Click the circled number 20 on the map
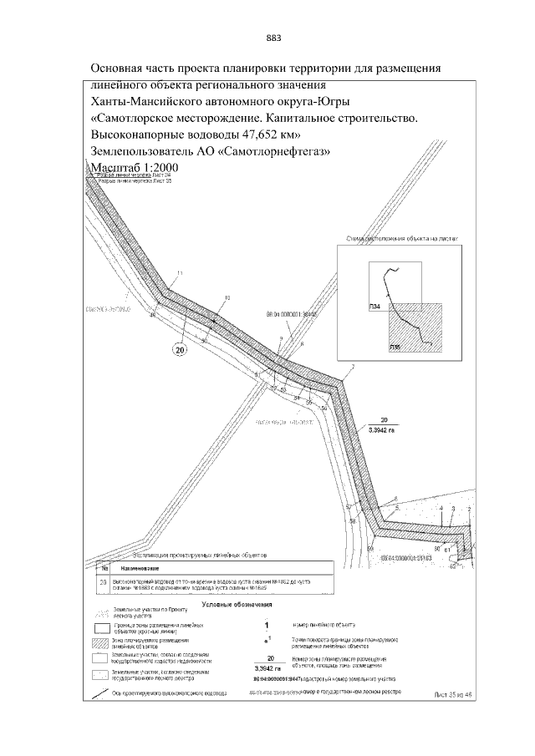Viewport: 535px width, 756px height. click(179, 351)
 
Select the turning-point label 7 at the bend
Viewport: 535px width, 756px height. click(353, 368)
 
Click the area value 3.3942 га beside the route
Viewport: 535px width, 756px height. click(385, 429)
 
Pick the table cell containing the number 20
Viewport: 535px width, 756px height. click(103, 583)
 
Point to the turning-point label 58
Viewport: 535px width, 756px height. click(352, 521)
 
